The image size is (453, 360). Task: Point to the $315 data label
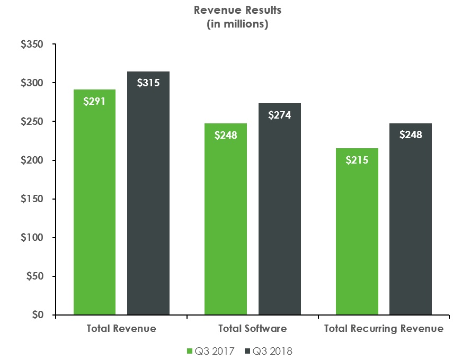[x=148, y=83]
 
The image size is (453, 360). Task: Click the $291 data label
[x=94, y=101]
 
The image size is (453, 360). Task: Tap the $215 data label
[x=357, y=159]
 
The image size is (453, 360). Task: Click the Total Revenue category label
[x=121, y=329]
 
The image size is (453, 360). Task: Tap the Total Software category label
[x=252, y=329]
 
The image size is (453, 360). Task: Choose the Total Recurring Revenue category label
[x=384, y=329]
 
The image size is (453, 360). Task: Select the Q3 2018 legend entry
[x=269, y=350]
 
